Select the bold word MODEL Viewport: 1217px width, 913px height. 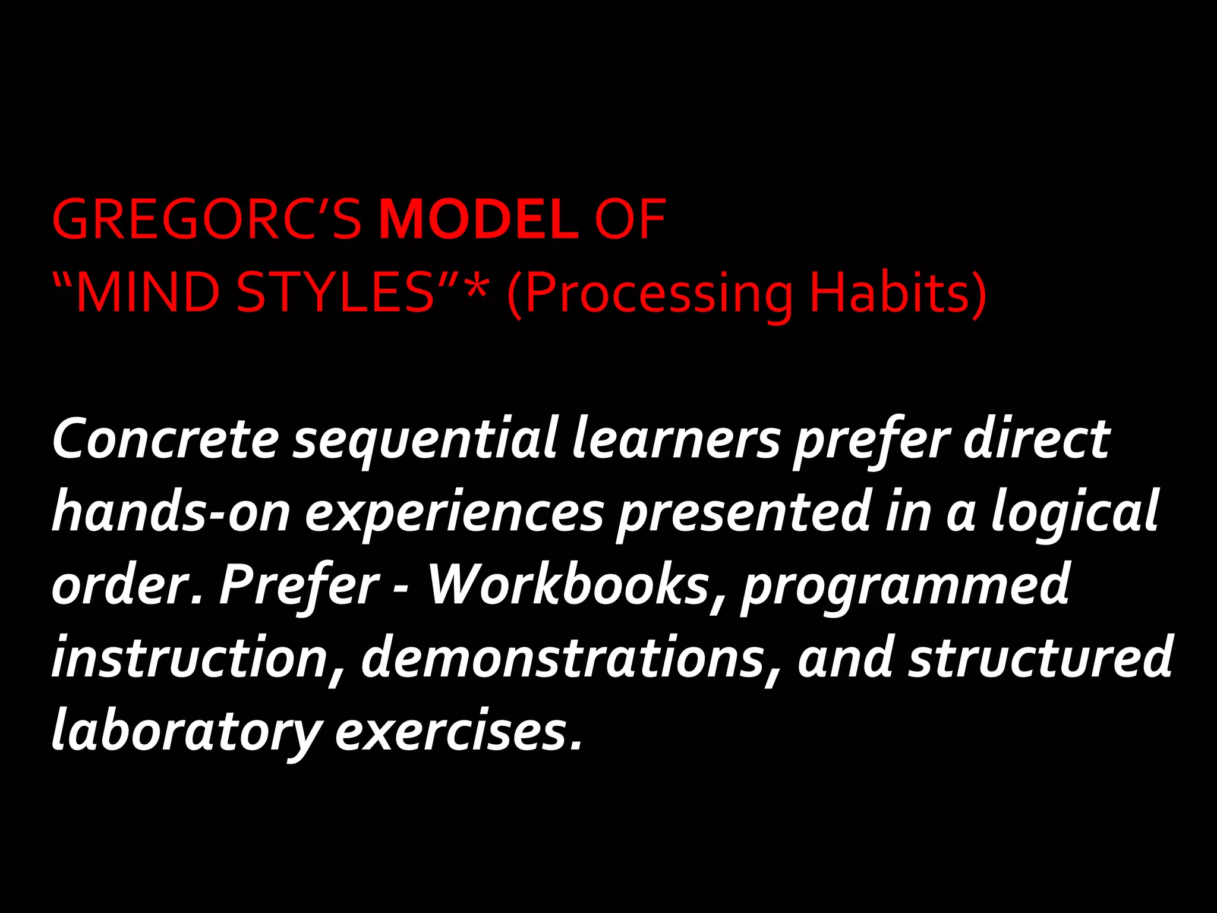point(479,220)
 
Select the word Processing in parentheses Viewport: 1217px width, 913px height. point(658,294)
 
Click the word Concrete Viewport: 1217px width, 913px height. point(166,439)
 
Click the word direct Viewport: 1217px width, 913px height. point(1036,439)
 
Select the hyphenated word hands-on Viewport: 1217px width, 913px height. point(171,512)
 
